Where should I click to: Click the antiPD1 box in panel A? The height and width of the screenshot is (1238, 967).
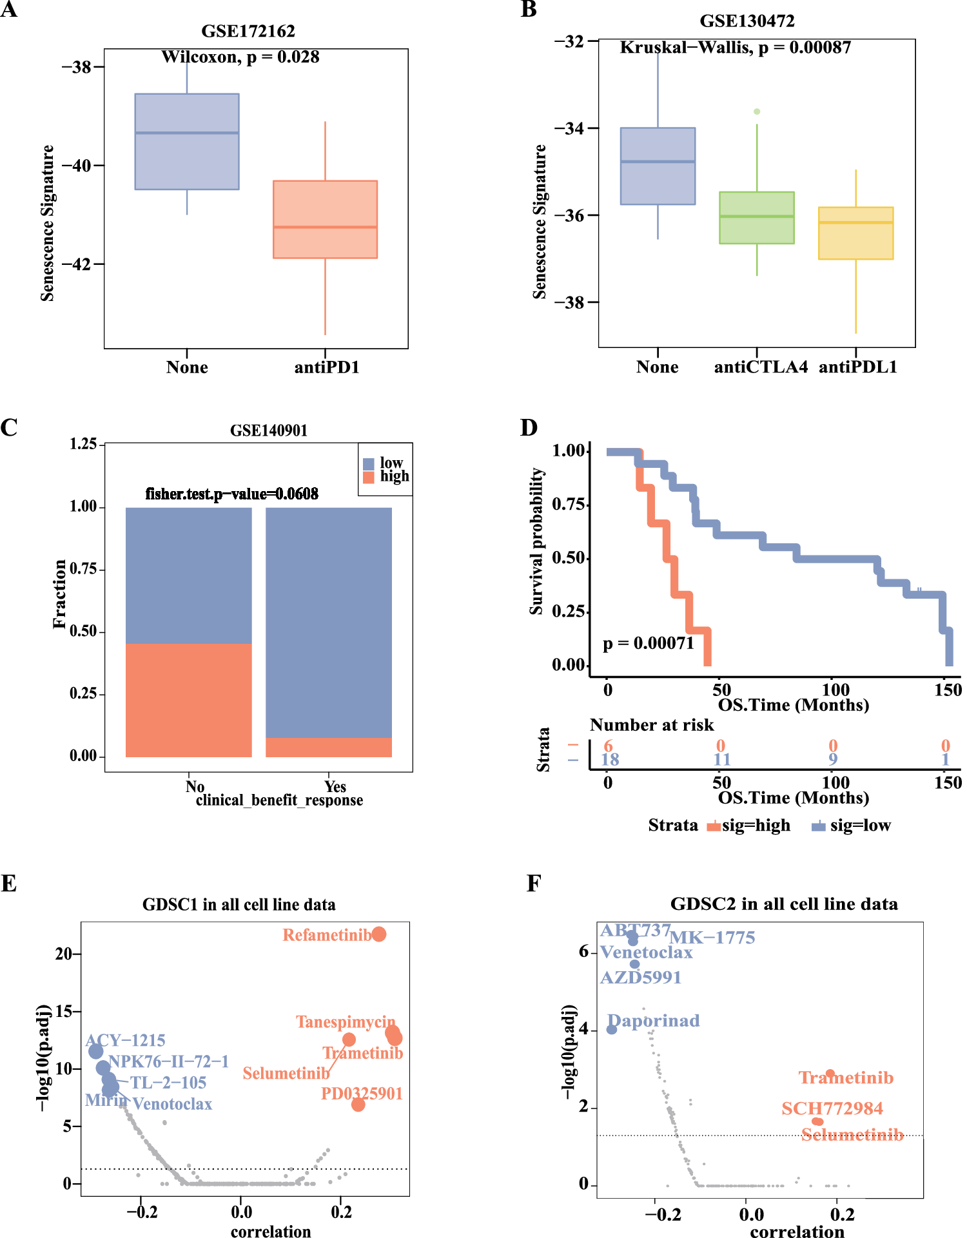click(325, 219)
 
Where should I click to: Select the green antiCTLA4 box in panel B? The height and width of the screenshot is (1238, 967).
click(756, 217)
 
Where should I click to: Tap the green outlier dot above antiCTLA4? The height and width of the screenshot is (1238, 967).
click(757, 111)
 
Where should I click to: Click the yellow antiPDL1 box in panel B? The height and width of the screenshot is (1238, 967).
click(855, 233)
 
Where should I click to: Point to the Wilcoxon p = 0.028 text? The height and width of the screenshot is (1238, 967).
click(240, 57)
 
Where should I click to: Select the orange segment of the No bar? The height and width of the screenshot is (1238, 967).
click(188, 700)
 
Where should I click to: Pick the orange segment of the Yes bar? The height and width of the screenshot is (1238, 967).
click(328, 747)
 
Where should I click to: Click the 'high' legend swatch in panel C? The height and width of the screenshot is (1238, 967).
click(369, 477)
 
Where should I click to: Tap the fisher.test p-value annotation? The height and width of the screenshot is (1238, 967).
click(231, 494)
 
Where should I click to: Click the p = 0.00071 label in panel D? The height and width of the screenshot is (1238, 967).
click(648, 643)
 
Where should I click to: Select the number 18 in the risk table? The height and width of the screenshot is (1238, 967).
click(610, 760)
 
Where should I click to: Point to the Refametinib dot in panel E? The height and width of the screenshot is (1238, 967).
click(378, 934)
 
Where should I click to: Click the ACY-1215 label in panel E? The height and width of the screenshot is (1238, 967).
click(126, 1040)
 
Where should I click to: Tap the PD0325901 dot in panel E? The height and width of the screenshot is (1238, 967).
click(358, 1105)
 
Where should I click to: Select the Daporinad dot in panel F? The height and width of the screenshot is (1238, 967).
click(612, 1029)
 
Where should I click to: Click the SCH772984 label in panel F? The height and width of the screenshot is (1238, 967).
click(832, 1108)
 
